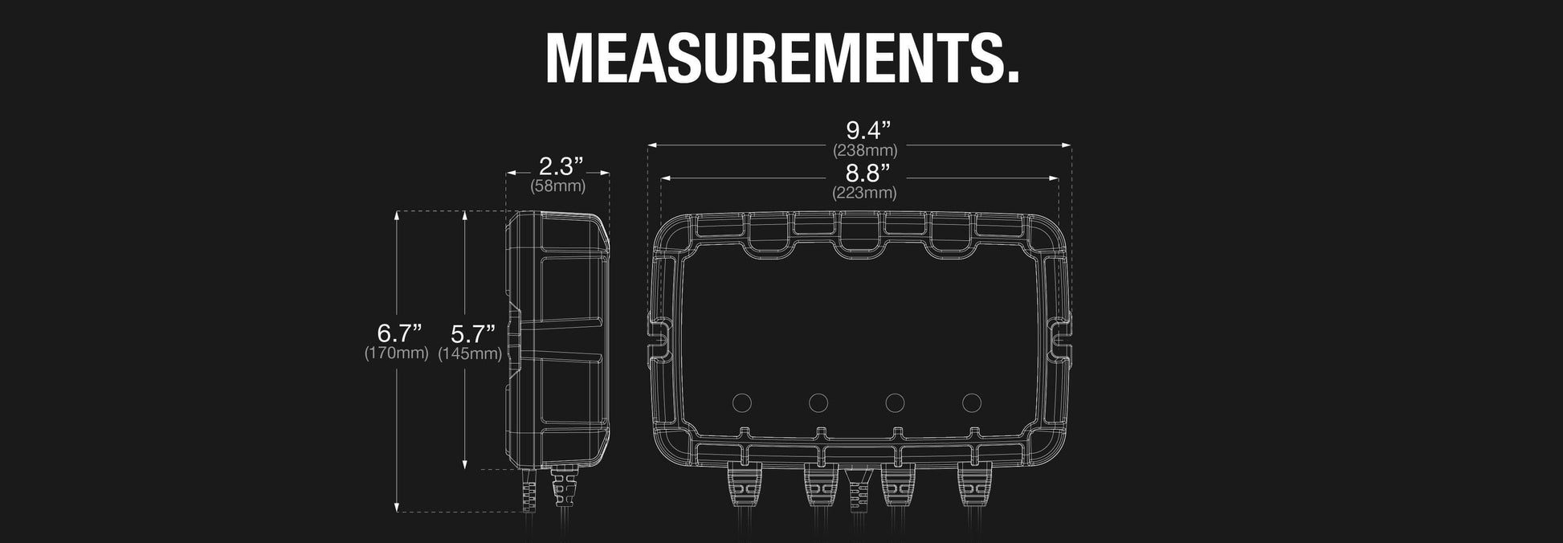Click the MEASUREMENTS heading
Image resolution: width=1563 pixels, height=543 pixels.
point(781,58)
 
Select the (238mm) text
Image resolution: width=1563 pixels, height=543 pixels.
point(865,150)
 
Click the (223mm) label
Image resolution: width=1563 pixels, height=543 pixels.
point(864,193)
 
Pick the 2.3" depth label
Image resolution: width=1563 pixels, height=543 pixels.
point(560,166)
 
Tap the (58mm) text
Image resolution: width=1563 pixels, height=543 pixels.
point(558,186)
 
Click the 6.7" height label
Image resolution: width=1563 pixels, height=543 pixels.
point(399,332)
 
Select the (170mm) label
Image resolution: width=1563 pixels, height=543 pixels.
point(397,353)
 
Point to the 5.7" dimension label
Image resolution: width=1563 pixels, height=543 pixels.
point(472,333)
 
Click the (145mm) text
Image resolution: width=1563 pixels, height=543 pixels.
point(471,353)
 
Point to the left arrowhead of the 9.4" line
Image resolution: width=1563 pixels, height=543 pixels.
point(651,145)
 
